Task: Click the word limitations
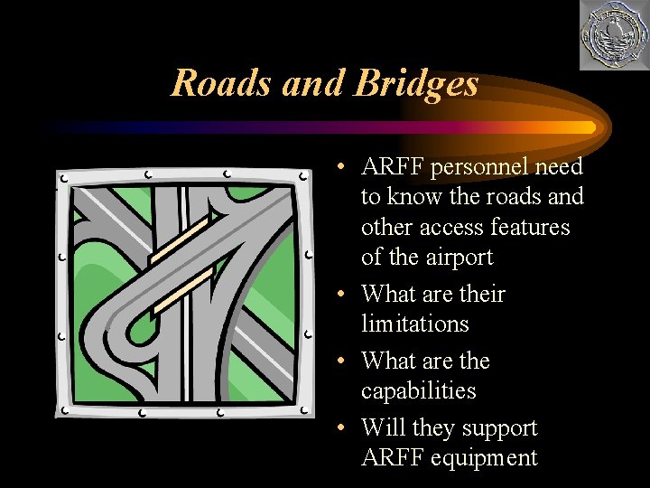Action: click(x=416, y=324)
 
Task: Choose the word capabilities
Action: click(x=418, y=391)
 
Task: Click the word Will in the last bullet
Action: click(x=379, y=428)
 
